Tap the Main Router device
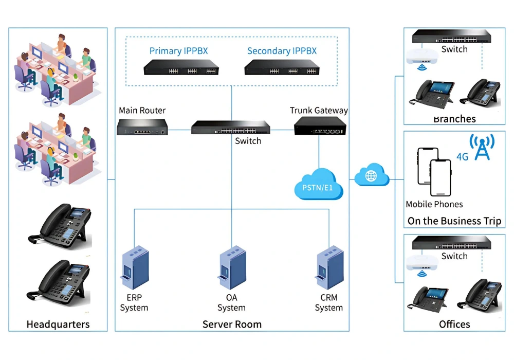coord(142,127)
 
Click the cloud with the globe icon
coord(372,176)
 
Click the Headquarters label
coord(58,324)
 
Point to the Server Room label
coord(232,324)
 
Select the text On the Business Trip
coord(454,221)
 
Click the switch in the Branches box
coord(451,37)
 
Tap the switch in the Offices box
coord(451,243)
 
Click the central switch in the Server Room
coord(231,127)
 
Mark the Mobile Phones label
coord(434,204)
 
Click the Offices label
coord(454,324)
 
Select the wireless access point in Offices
coord(423,263)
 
